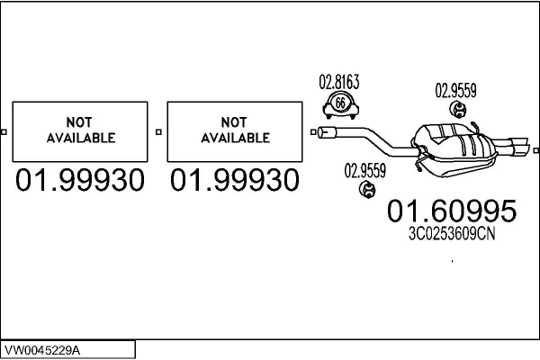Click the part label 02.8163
point(339,82)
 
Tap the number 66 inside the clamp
point(340,103)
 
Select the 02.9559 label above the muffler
point(455,91)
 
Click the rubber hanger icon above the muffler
point(458,109)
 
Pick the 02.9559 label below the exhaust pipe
point(365,170)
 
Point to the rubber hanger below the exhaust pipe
point(367,190)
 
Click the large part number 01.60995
point(452,211)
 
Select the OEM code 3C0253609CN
point(452,234)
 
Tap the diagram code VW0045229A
point(42,350)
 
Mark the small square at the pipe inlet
point(313,132)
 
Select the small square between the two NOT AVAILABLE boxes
point(158,132)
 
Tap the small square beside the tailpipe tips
point(535,150)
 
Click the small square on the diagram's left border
point(4,132)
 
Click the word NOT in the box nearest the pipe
point(234,122)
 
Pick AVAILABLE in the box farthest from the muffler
point(81,138)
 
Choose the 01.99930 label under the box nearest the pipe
point(235,180)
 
